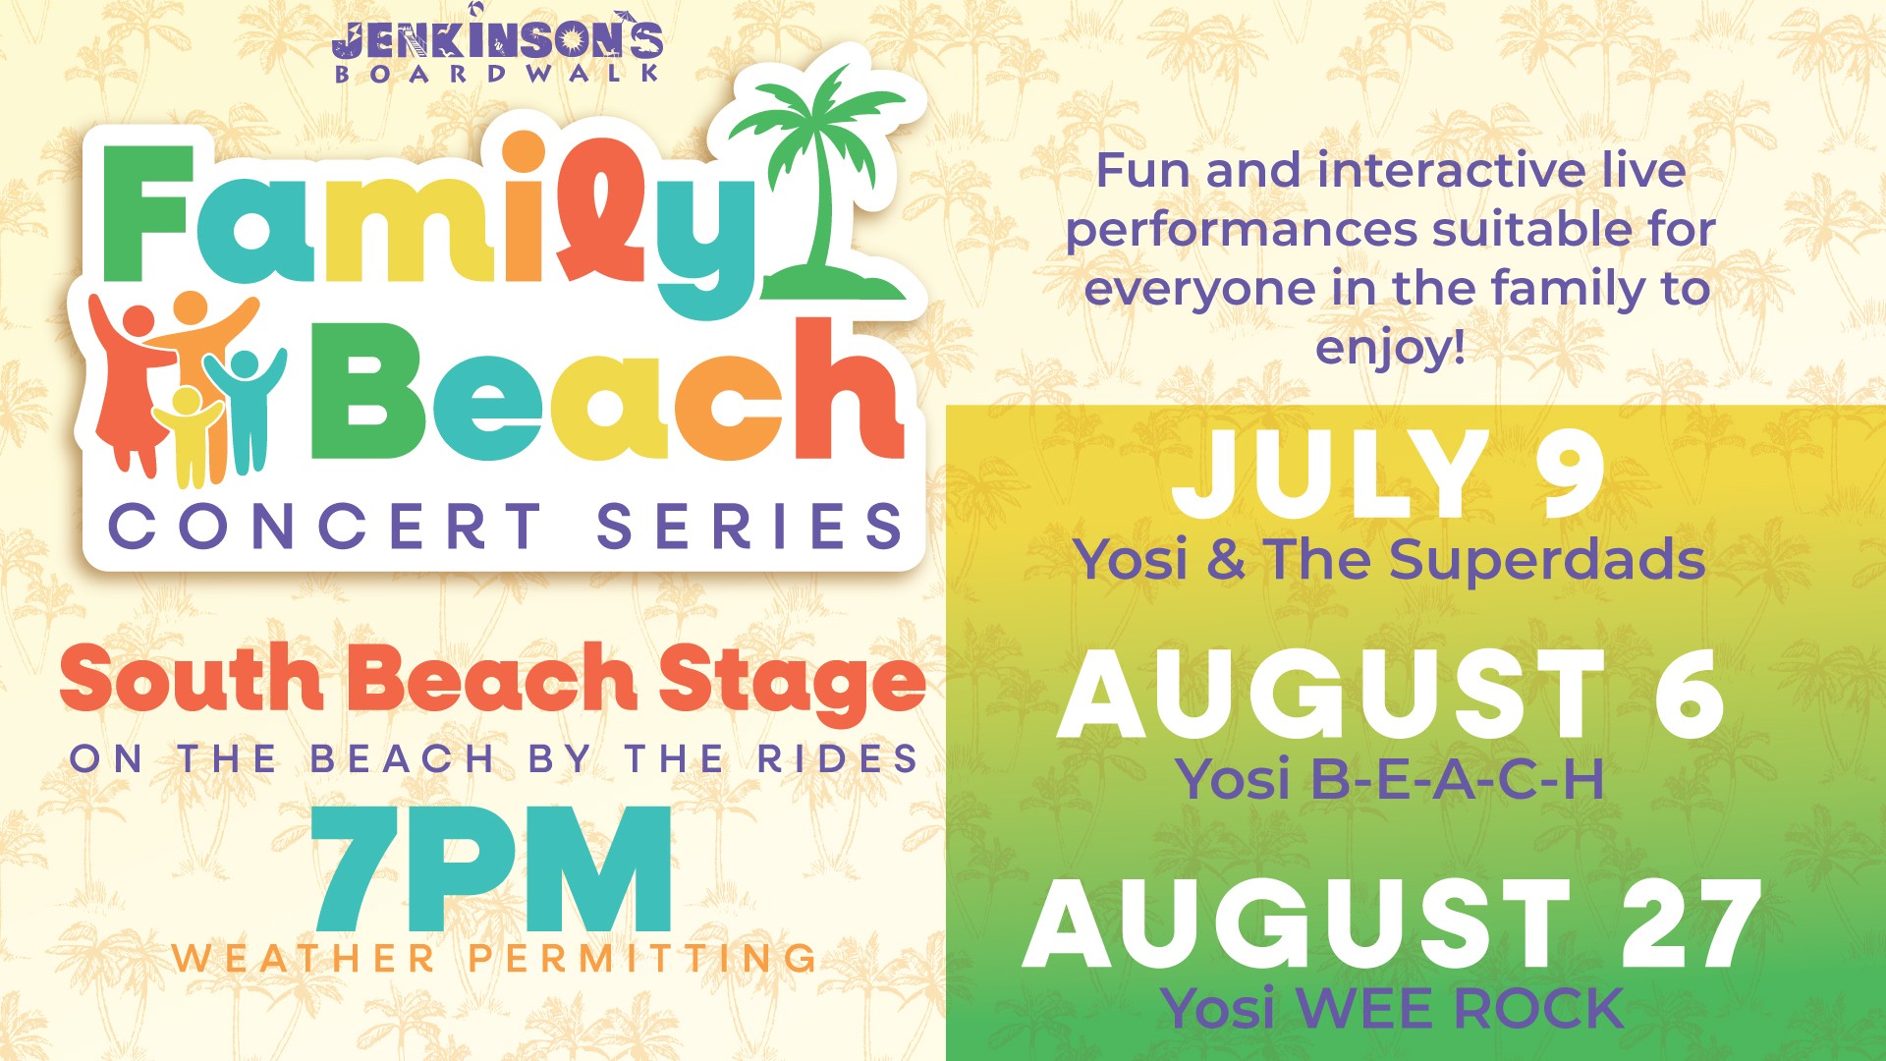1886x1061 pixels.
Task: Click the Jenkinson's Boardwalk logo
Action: pos(498,45)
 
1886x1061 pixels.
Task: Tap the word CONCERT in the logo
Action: pos(325,527)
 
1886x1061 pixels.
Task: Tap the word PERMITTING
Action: pos(642,959)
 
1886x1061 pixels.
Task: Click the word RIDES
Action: pos(837,759)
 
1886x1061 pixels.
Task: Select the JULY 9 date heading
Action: pos(1388,475)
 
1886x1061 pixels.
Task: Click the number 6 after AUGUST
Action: pos(1689,695)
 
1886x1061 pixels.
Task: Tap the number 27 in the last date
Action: pos(1690,924)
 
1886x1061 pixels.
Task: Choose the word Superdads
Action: pos(1547,561)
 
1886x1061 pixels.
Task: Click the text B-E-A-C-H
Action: pos(1458,780)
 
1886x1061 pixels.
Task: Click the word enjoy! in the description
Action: pos(1390,348)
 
